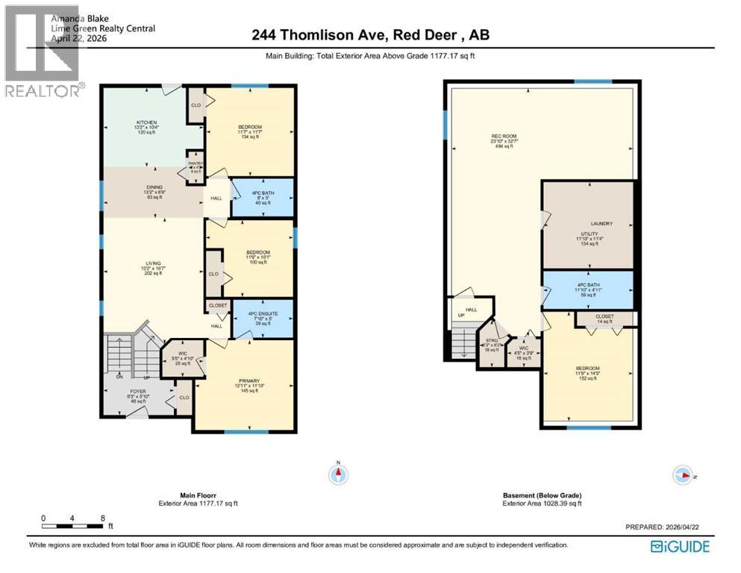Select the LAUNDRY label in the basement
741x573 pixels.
click(x=601, y=224)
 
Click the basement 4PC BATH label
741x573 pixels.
click(x=587, y=286)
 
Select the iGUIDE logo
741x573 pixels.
click(x=680, y=545)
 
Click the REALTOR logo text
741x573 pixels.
click(x=43, y=91)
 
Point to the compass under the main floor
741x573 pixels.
click(x=338, y=474)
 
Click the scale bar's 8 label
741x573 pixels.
click(x=101, y=517)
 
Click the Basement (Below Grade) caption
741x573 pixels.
click(x=541, y=495)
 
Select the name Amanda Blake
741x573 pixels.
click(x=82, y=12)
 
